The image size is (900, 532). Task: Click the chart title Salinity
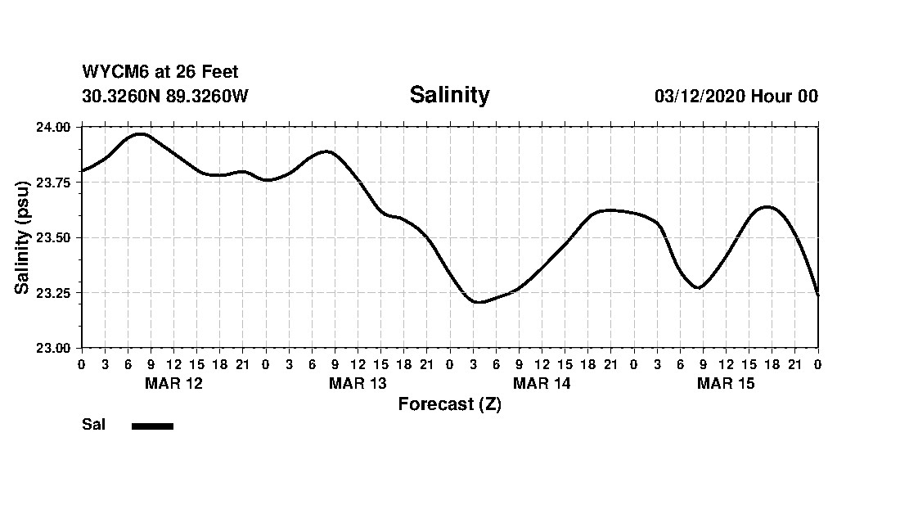[x=449, y=95]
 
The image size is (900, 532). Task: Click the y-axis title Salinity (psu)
[x=23, y=237]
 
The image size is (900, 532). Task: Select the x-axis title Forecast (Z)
[x=449, y=404]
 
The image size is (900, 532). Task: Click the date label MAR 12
[x=173, y=383]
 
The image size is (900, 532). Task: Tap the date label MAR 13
[x=358, y=383]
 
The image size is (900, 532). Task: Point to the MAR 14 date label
[x=542, y=383]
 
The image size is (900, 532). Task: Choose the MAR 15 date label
[x=726, y=383]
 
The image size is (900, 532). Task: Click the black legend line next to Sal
[x=152, y=426]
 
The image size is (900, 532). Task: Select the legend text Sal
[x=93, y=425]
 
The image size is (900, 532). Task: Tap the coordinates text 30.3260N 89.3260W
[x=164, y=96]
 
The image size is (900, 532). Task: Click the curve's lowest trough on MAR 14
[x=479, y=302]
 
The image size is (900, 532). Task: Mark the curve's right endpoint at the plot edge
[x=817, y=294]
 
